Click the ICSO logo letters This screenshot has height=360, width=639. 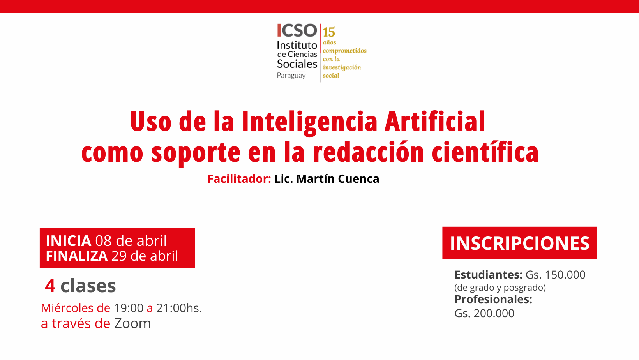click(x=297, y=30)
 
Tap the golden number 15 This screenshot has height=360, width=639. click(x=329, y=32)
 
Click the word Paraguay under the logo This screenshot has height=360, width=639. click(x=291, y=76)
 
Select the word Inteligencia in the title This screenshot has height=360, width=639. click(x=309, y=122)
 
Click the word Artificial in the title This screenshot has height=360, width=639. click(x=435, y=121)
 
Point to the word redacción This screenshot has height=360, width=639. click(x=368, y=152)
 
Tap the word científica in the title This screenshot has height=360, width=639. click(x=485, y=152)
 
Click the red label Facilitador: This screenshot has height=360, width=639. click(x=239, y=179)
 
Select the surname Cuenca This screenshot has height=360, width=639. click(x=358, y=179)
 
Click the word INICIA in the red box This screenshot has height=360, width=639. click(x=69, y=241)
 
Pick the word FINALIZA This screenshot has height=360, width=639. click(x=76, y=256)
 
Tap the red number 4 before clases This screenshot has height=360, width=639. click(x=50, y=286)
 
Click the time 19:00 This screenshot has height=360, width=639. click(x=128, y=308)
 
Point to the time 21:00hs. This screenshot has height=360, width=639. click(x=179, y=308)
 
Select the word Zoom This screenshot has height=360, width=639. click(x=132, y=323)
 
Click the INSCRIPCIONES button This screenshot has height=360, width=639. click(x=519, y=243)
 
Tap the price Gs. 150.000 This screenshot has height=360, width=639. click(x=555, y=275)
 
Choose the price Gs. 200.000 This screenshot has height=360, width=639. click(x=484, y=313)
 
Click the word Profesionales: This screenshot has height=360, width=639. click(x=493, y=300)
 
